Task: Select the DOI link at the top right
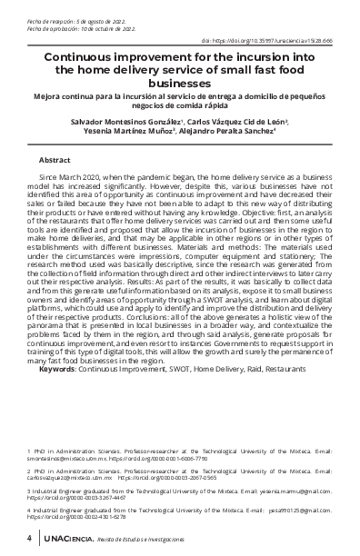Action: pos(281,41)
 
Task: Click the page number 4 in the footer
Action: pos(30,539)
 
